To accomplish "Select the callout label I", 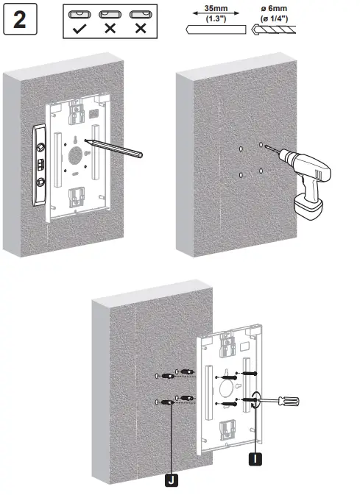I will pyautogui.click(x=255, y=460).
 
